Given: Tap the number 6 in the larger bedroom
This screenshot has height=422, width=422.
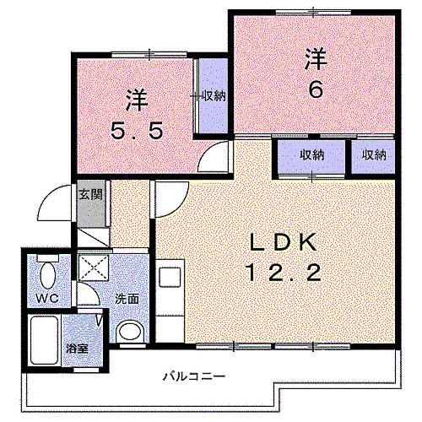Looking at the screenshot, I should pyautogui.click(x=315, y=89).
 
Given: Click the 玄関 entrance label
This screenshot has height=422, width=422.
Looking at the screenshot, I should pyautogui.click(x=90, y=194).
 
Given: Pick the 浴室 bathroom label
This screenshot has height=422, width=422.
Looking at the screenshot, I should pyautogui.click(x=75, y=349).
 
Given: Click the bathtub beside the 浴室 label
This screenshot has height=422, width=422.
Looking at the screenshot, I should pyautogui.click(x=41, y=342).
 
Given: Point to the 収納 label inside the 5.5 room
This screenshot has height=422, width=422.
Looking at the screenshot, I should pyautogui.click(x=214, y=95).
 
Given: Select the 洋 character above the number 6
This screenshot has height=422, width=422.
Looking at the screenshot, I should pyautogui.click(x=315, y=59).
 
